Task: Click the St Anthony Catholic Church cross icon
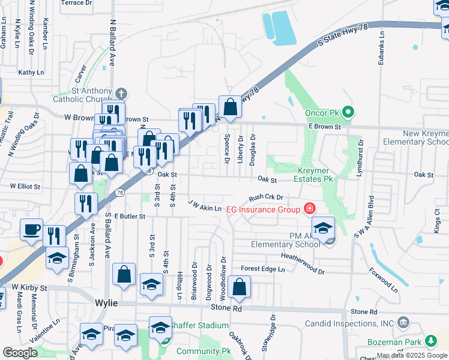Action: pos(121,94)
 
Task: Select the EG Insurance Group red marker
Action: pos(309,209)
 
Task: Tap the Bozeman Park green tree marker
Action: pos(430,341)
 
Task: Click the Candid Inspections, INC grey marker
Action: pos(403,323)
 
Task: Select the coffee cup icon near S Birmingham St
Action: pos(31,229)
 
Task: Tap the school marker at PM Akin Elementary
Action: pos(323,229)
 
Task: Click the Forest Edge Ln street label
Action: pos(263,269)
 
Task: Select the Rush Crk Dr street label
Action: pos(265,197)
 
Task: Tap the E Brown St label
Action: pos(325,127)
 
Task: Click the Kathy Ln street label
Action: pos(31,73)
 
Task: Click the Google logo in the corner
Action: pos(20,352)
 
